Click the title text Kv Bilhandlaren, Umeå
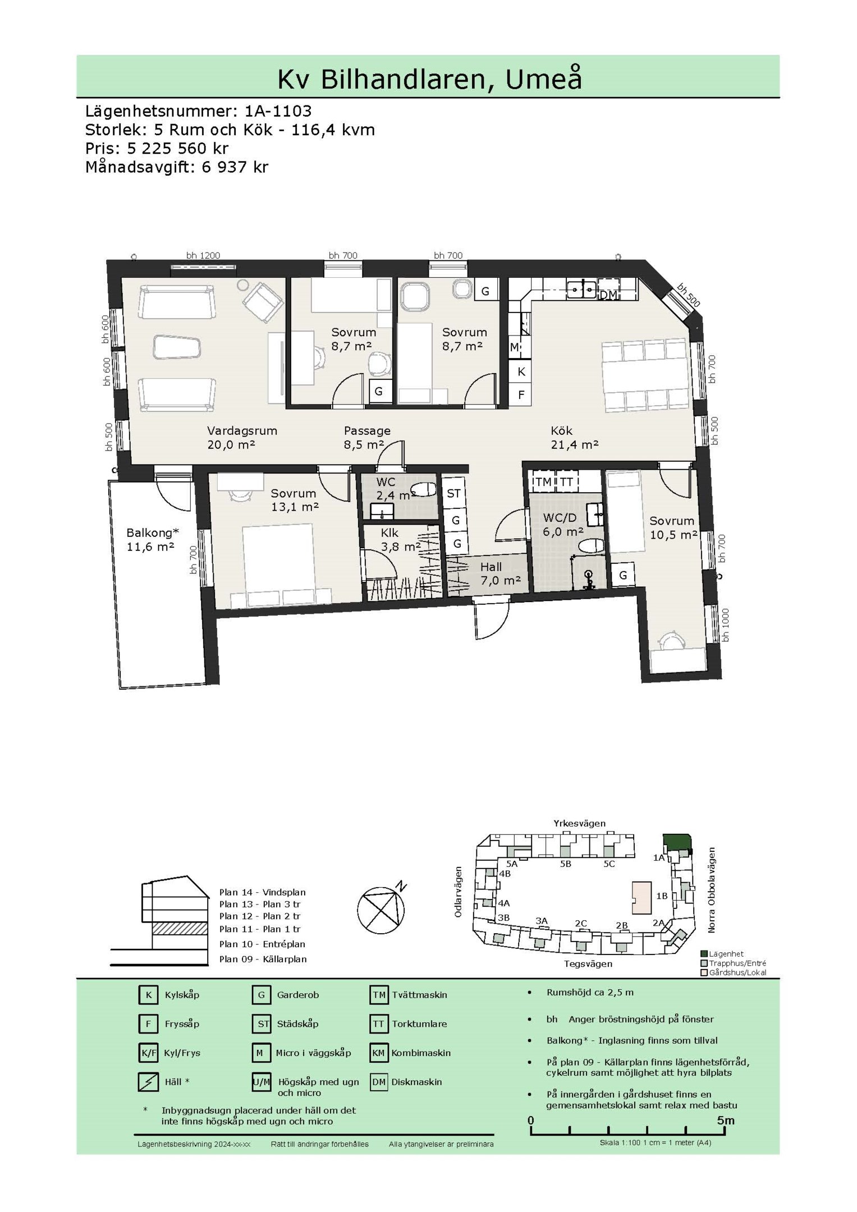pyautogui.click(x=429, y=79)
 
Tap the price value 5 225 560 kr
pyautogui.click(x=178, y=148)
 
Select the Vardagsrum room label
pyautogui.click(x=242, y=431)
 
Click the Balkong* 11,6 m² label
pyautogui.click(x=152, y=539)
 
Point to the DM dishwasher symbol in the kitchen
pyautogui.click(x=608, y=295)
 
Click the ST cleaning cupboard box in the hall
pyautogui.click(x=453, y=493)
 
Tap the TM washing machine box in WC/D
pyautogui.click(x=543, y=482)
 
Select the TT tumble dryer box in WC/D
pyautogui.click(x=566, y=482)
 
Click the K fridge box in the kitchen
pyautogui.click(x=521, y=371)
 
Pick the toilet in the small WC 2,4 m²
pyautogui.click(x=424, y=490)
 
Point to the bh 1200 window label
pyautogui.click(x=203, y=255)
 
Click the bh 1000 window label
pyautogui.click(x=726, y=625)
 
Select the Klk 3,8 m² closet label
pyautogui.click(x=401, y=539)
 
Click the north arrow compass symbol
pyautogui.click(x=382, y=910)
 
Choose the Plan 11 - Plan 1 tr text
pyautogui.click(x=260, y=929)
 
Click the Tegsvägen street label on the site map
pyautogui.click(x=588, y=963)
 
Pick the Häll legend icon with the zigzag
pyautogui.click(x=148, y=1082)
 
